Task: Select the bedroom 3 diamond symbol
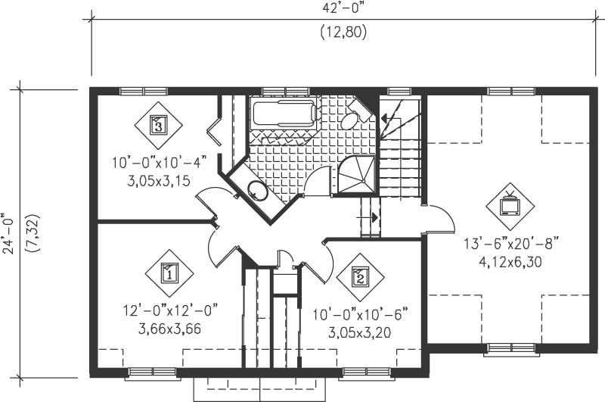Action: tap(158, 123)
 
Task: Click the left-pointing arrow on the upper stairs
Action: tap(390, 119)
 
